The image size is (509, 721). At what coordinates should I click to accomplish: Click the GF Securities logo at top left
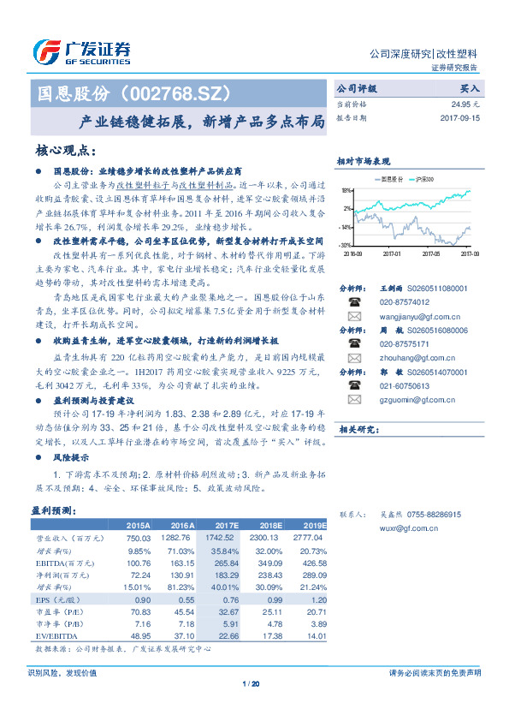pyautogui.click(x=80, y=52)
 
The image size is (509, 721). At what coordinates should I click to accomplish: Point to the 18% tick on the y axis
pyautogui.click(x=345, y=191)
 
